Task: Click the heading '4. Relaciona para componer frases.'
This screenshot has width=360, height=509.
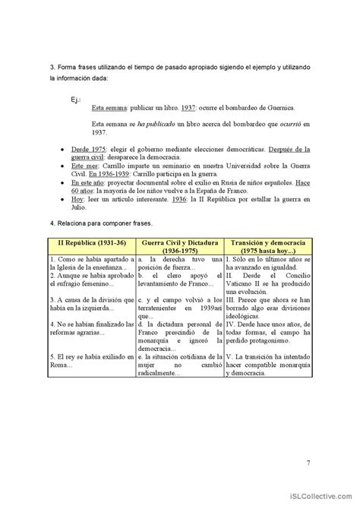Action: click(99, 226)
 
